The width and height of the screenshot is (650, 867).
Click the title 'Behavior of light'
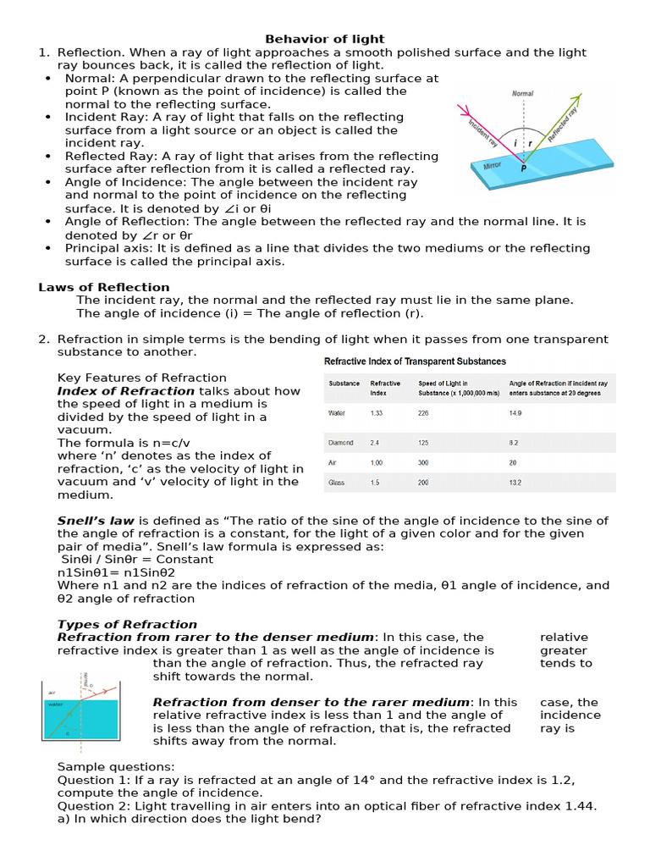pos(325,39)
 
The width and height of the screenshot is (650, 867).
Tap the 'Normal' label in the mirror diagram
pos(523,93)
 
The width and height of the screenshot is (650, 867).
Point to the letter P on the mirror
pos(524,168)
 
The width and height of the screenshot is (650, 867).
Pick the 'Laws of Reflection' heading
pos(104,287)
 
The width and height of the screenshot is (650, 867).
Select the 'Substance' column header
pos(344,384)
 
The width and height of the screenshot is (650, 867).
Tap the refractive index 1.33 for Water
pos(377,413)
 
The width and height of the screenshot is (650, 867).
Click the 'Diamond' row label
pos(341,443)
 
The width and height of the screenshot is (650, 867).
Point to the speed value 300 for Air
pos(423,463)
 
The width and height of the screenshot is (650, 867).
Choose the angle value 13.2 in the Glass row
pos(515,483)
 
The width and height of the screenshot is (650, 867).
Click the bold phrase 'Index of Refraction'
pos(125,391)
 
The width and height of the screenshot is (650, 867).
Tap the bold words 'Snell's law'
pos(96,521)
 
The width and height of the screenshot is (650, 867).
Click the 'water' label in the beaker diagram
pos(55,704)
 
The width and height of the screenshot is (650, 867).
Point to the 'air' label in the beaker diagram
pos(52,692)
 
